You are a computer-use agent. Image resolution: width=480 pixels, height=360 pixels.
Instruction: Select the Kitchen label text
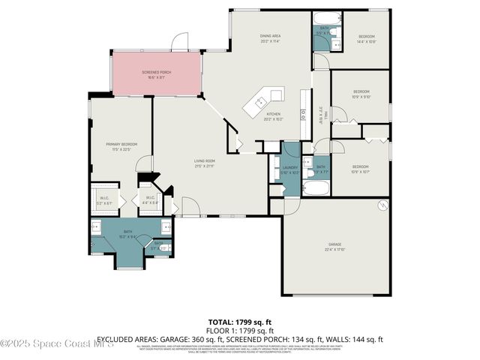pos(273,115)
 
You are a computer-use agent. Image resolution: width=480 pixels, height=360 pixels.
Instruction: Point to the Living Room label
pos(205,163)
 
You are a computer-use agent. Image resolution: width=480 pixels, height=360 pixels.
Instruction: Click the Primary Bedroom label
pos(120,147)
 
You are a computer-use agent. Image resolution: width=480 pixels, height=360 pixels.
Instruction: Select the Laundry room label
pos(289,169)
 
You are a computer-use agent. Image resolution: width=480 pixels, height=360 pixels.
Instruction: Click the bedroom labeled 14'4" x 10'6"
pos(366,39)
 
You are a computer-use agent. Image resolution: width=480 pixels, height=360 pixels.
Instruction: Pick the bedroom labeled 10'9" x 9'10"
pos(361,94)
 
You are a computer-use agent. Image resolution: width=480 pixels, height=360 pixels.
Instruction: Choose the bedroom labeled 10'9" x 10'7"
pos(361,168)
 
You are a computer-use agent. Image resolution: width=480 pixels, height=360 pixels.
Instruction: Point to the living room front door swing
pos(188,206)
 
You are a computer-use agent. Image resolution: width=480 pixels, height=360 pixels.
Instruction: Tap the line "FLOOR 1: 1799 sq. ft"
pos(239,330)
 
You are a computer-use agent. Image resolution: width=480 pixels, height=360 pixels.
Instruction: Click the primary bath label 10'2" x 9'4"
pos(128,235)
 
